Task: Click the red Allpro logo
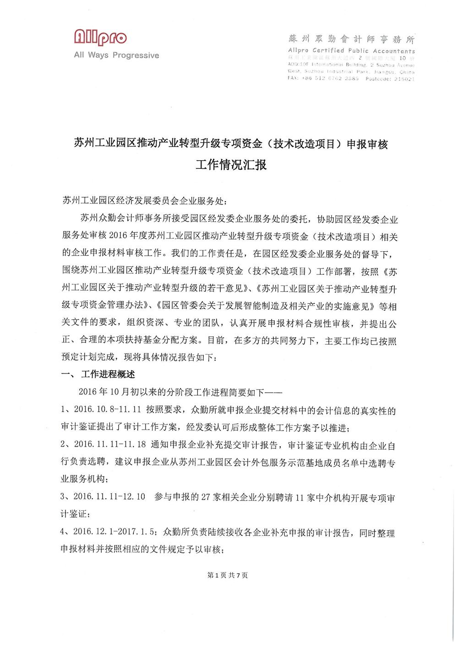pyautogui.click(x=100, y=38)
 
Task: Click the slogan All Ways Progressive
pyautogui.click(x=116, y=55)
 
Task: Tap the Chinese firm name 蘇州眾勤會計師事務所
pyautogui.click(x=351, y=39)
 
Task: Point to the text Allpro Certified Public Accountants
pyautogui.click(x=351, y=51)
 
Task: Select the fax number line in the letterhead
pyautogui.click(x=323, y=79)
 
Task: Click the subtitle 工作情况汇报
pyautogui.click(x=231, y=165)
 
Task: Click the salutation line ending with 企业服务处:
pyautogui.click(x=144, y=201)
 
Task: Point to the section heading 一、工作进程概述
pyautogui.click(x=98, y=374)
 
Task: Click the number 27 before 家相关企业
pyautogui.click(x=206, y=497)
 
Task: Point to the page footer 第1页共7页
pyautogui.click(x=228, y=575)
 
